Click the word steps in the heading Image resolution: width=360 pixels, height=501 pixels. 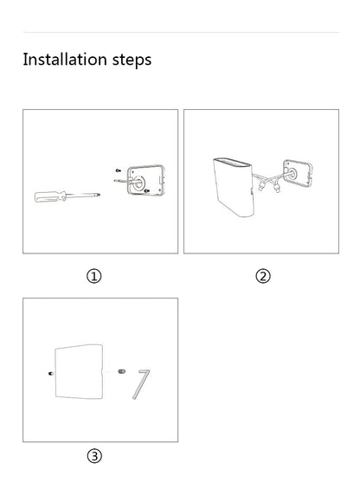tap(130, 61)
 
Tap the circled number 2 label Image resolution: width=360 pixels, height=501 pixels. tap(263, 276)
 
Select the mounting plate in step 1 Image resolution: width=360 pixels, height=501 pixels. tap(140, 180)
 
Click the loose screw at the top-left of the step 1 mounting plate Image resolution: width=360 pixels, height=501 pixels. tap(117, 171)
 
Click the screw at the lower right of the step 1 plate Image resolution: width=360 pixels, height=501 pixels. tap(149, 191)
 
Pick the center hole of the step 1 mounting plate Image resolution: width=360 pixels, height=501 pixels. tap(136, 183)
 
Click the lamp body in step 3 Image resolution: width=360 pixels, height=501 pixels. tap(80, 373)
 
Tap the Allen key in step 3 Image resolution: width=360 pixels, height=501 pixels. tap(141, 384)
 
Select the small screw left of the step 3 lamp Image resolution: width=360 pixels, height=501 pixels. tap(50, 373)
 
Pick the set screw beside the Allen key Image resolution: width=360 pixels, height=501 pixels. tap(120, 373)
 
